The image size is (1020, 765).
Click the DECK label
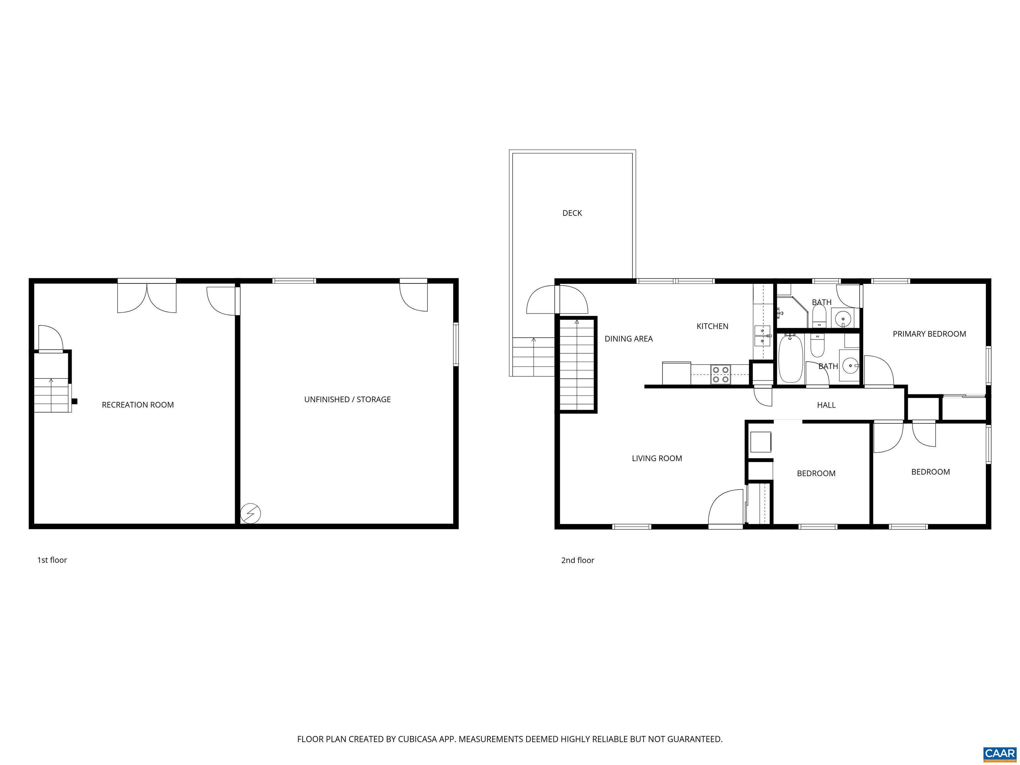point(572,213)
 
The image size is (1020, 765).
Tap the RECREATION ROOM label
point(138,405)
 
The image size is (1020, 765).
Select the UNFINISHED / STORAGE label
point(347,399)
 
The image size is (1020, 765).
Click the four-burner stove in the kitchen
point(720,375)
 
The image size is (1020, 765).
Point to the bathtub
point(790,359)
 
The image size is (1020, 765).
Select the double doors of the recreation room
point(147,298)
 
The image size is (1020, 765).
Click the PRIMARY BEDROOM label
point(929,334)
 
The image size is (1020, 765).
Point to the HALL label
point(826,405)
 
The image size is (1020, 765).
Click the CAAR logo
point(1000,754)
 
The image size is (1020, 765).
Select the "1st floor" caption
point(52,560)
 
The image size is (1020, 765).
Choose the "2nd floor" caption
point(577,560)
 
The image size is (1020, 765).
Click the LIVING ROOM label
point(657,458)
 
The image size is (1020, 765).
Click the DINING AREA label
point(629,339)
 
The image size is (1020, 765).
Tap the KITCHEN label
point(713,326)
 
